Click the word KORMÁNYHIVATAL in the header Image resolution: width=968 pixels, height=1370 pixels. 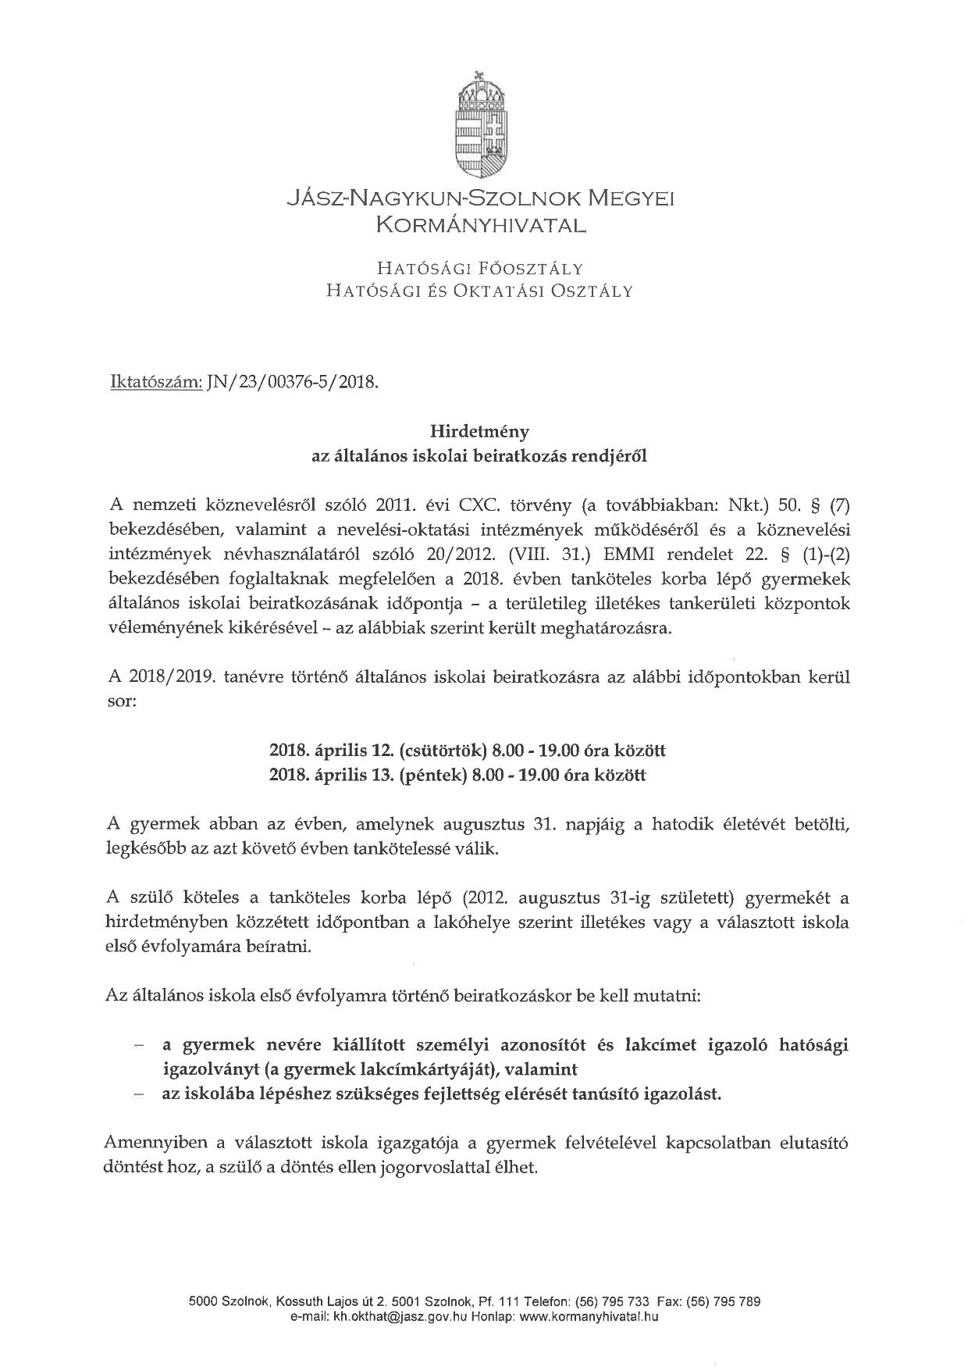[480, 226]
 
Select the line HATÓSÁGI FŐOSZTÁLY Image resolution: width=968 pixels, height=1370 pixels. [480, 269]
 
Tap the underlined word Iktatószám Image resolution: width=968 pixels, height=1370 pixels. [156, 383]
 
